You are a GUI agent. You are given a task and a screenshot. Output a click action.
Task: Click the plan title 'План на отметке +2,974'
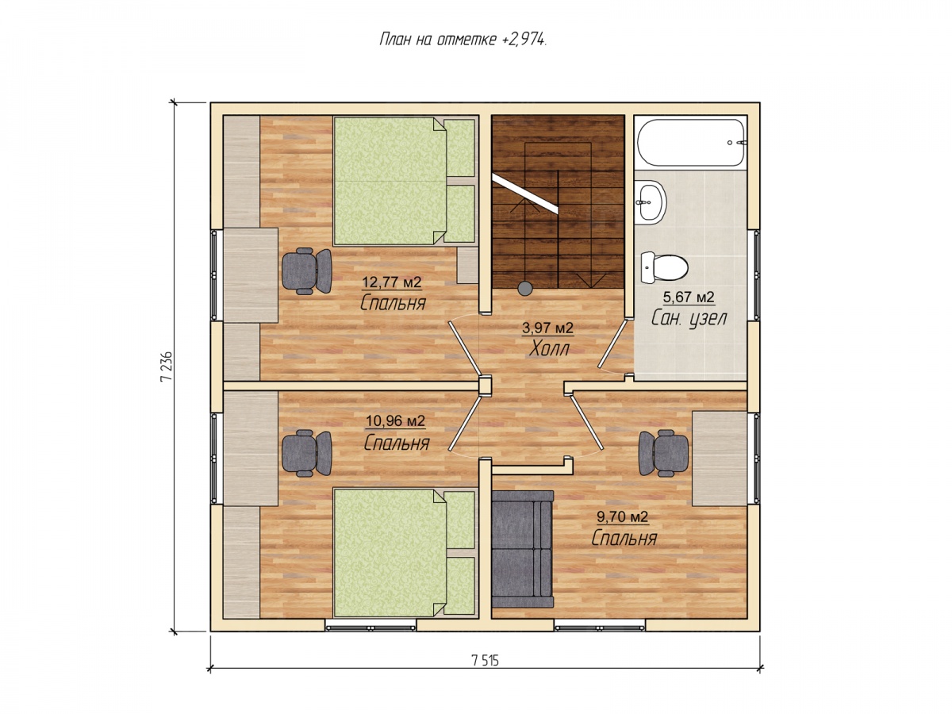pyautogui.click(x=462, y=40)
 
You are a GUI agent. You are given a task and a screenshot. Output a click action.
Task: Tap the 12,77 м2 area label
pyautogui.click(x=391, y=282)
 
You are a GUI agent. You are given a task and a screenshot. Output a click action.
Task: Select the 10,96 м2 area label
pyautogui.click(x=395, y=421)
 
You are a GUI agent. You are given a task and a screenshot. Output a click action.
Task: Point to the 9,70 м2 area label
pyautogui.click(x=622, y=516)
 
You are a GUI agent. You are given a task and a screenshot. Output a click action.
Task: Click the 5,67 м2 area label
pyautogui.click(x=688, y=297)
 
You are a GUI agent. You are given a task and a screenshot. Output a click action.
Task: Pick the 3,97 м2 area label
pyautogui.click(x=547, y=328)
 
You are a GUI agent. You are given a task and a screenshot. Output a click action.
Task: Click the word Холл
pyautogui.click(x=549, y=349)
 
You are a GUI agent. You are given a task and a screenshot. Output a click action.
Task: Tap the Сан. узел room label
pyautogui.click(x=689, y=318)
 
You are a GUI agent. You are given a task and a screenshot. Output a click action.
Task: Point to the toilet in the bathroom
pyautogui.click(x=663, y=267)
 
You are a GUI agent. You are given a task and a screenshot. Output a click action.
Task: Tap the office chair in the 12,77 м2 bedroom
pyautogui.click(x=307, y=271)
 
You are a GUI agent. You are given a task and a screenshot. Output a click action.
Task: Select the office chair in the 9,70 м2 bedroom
pyautogui.click(x=663, y=453)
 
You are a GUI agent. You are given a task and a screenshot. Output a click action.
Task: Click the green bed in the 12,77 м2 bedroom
pyautogui.click(x=404, y=181)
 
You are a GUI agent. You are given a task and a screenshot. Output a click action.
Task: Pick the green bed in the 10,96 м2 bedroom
pyautogui.click(x=404, y=553)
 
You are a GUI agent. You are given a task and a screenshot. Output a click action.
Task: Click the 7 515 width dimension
pyautogui.click(x=485, y=660)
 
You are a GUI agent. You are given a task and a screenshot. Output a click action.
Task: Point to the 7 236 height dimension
pyautogui.click(x=166, y=366)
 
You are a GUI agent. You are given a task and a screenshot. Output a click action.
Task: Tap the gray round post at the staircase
pyautogui.click(x=525, y=287)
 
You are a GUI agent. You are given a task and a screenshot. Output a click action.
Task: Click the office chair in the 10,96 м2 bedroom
pyautogui.click(x=307, y=453)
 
